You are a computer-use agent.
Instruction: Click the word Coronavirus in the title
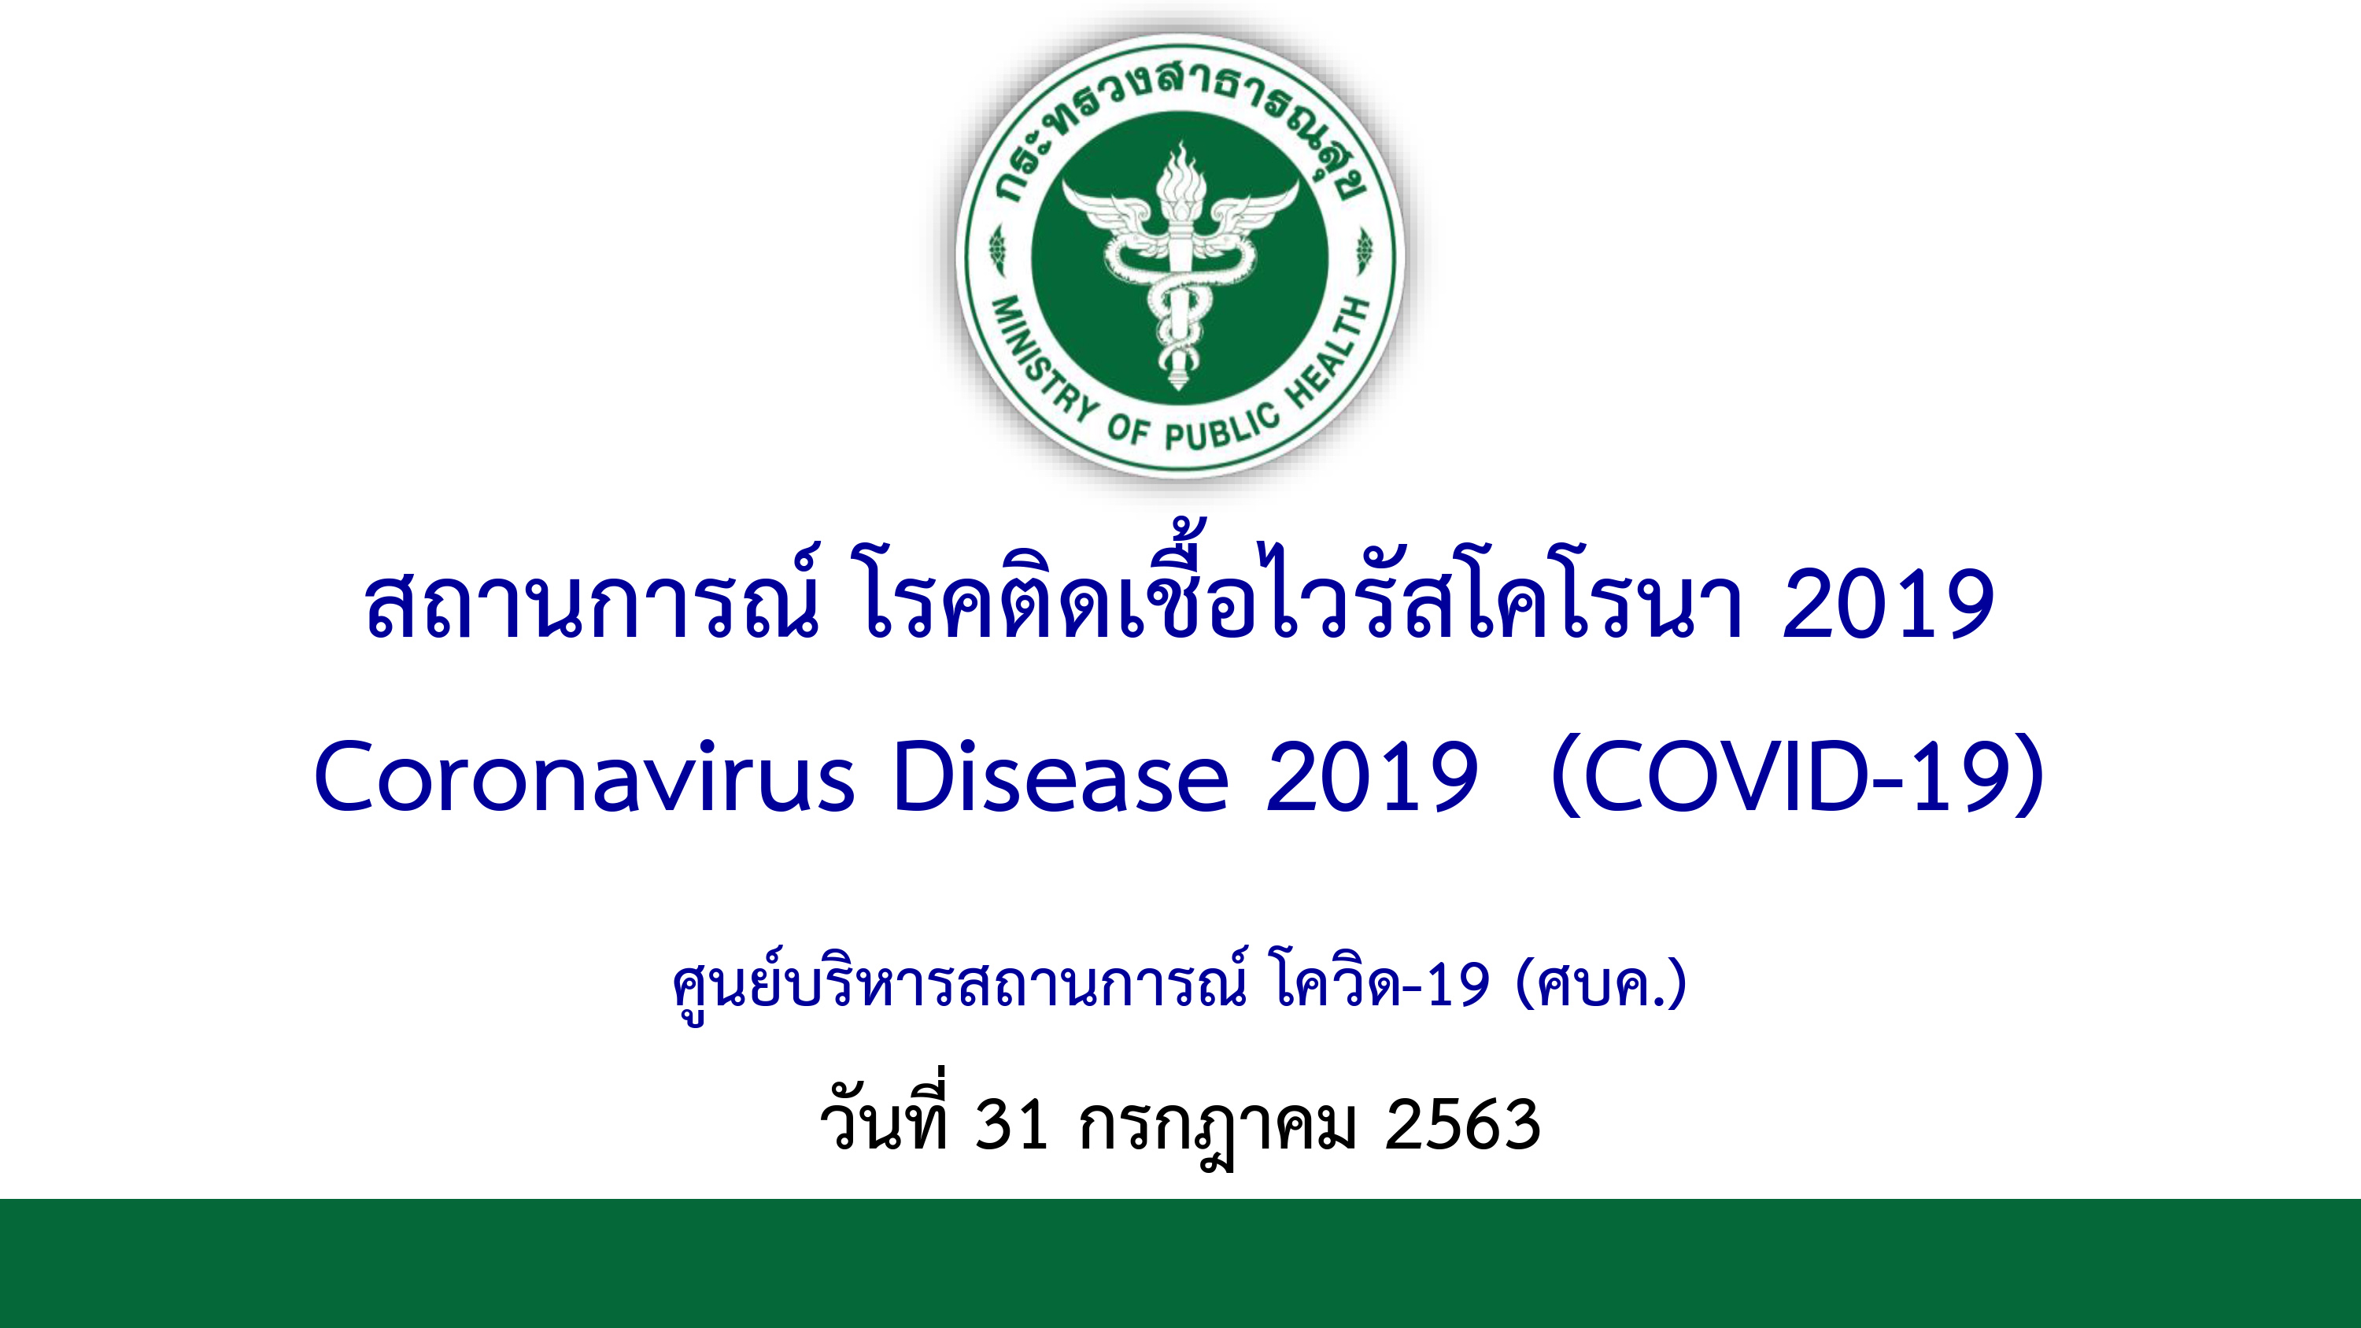[584, 777]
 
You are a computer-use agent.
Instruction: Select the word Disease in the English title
[1060, 777]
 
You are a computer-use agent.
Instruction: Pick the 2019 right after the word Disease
[1372, 777]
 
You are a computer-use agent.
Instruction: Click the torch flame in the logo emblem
[1180, 174]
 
